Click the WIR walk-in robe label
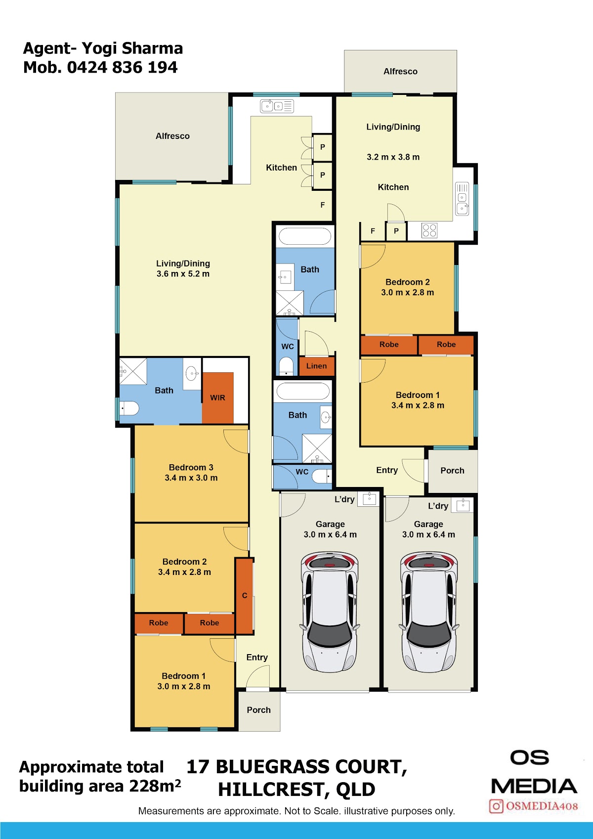pos(217,397)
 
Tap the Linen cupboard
pos(316,366)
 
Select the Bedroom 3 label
pos(191,467)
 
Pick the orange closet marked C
pos(245,596)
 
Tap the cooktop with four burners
pos(429,231)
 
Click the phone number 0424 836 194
pos(122,67)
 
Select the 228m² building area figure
pos(155,786)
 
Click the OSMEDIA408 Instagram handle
pos(542,806)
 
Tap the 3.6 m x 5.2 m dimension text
pos(183,274)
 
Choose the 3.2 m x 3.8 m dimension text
pos(393,157)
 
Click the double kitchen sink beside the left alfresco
pos(277,106)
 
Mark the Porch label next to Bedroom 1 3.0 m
pos(258,710)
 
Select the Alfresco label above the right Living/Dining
pos(400,71)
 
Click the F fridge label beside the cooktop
pos(373,231)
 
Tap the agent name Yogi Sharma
pos(132,48)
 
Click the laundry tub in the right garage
pos(463,504)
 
